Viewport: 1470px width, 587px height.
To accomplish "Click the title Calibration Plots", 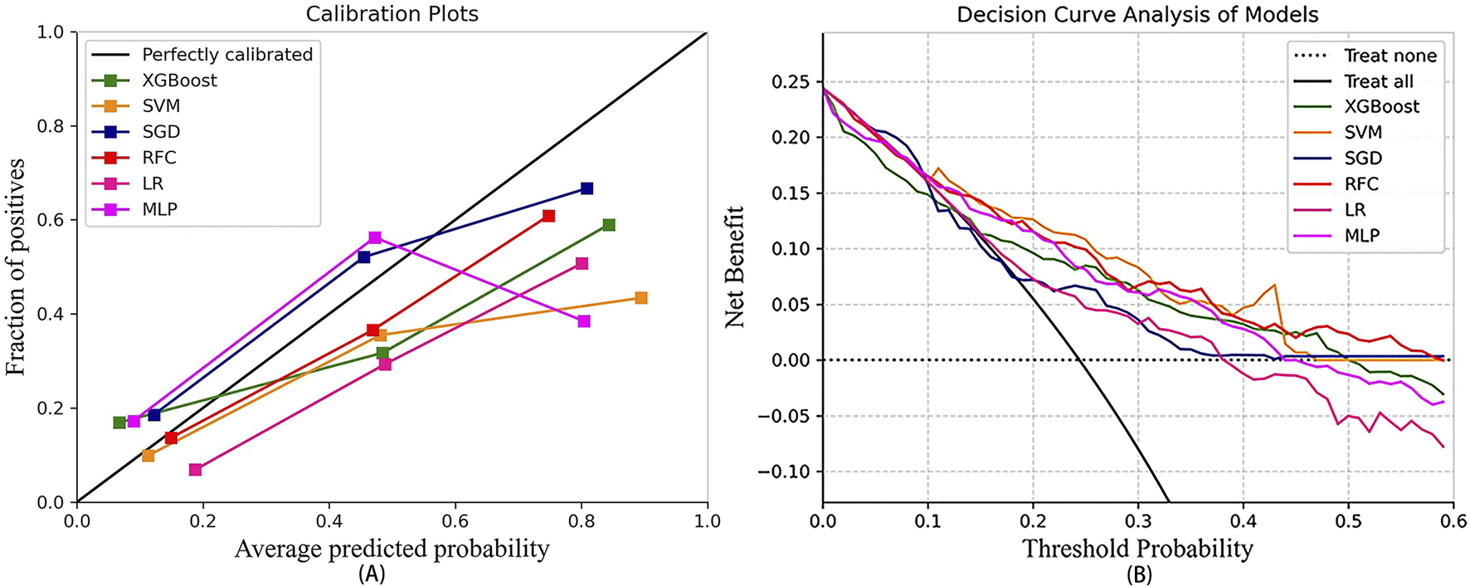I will (392, 14).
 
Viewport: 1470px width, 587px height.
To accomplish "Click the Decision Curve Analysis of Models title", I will (1137, 14).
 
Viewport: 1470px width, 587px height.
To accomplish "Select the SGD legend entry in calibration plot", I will (161, 131).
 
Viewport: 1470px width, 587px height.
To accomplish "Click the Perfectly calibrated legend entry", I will (227, 55).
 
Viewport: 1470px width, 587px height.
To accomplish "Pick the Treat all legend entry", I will (1378, 81).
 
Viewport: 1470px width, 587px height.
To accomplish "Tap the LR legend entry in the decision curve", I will (1355, 210).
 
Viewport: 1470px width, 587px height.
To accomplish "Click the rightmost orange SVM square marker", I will (640, 298).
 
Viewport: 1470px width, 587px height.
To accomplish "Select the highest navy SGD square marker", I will (587, 188).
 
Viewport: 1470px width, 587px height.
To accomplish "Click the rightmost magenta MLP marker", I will (584, 321).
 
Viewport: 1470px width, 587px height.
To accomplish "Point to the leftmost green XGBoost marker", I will (119, 423).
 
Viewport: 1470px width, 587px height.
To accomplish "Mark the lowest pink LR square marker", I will (195, 470).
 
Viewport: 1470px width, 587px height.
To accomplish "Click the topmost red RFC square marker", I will (548, 216).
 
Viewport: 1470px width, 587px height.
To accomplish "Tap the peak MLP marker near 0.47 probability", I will (375, 237).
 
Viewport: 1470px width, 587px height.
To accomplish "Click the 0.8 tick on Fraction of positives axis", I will (52, 126).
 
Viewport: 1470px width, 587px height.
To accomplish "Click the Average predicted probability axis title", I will (392, 549).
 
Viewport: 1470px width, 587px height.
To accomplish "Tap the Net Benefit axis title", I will (735, 267).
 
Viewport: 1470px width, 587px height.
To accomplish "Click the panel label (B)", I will (1137, 574).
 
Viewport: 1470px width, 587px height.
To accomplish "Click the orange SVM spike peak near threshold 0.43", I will (1274, 285).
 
